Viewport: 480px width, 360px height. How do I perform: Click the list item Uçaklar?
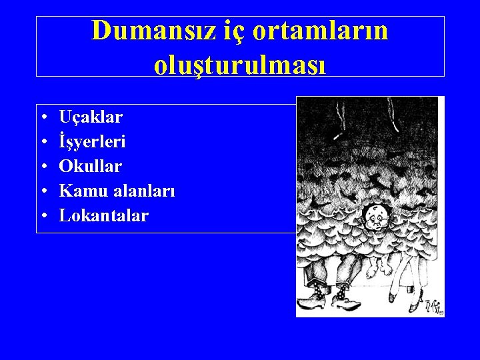[91, 117]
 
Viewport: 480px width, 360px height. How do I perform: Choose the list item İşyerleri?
[93, 141]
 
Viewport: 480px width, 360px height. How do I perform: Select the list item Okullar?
[91, 166]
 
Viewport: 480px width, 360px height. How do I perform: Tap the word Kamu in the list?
[78, 191]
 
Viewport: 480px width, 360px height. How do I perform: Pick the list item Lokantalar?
[104, 215]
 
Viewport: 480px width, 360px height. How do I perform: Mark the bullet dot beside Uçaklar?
[43, 118]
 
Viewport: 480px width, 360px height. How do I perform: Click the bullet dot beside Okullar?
[43, 167]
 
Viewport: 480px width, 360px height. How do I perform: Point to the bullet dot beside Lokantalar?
[43, 216]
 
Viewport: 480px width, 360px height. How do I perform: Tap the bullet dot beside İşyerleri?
[43, 142]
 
